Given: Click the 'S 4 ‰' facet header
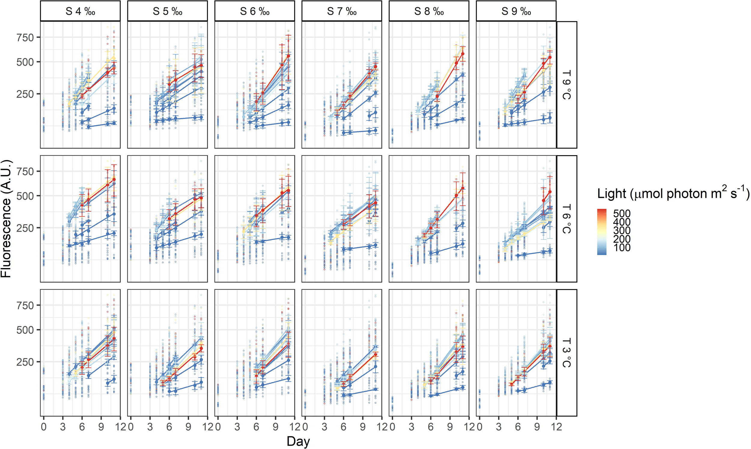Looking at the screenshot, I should (80, 11).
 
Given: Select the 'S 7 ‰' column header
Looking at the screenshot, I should (342, 11).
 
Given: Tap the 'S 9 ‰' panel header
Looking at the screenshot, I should (516, 11).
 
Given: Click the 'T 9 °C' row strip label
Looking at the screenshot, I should (566, 85).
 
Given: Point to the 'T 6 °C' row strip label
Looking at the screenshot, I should (566, 219).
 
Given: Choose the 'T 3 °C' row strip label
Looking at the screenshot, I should (566, 353).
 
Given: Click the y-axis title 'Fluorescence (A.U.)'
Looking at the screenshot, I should (6, 219).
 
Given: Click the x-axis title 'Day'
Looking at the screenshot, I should (298, 441).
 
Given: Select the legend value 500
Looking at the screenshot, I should (622, 214).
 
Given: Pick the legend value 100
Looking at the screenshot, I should (622, 248).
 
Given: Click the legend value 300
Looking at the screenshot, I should (622, 231).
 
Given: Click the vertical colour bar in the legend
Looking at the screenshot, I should (602, 232).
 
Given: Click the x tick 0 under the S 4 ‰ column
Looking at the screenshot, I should (44, 427).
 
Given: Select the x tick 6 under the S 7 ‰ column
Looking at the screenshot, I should (343, 427).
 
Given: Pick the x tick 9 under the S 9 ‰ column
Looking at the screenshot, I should (537, 427).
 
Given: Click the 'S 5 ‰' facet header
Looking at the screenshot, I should (167, 11).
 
